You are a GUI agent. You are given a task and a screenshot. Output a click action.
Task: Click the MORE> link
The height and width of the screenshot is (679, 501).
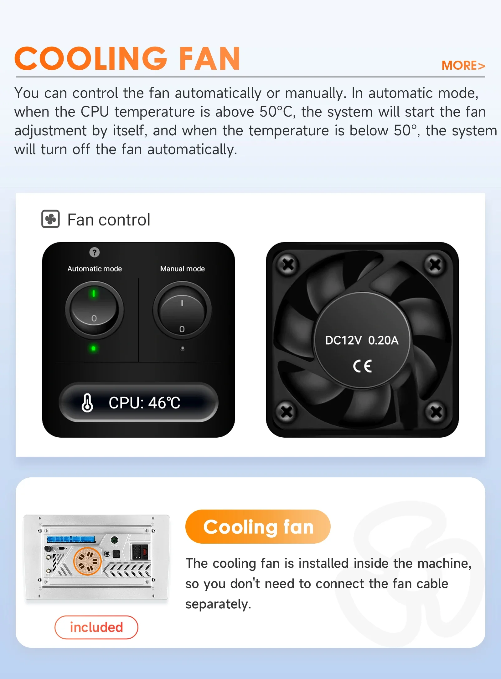[463, 66]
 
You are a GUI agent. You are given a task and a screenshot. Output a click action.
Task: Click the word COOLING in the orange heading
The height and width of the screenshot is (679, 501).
[91, 58]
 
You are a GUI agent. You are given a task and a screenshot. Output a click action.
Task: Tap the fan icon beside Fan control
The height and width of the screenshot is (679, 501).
[50, 219]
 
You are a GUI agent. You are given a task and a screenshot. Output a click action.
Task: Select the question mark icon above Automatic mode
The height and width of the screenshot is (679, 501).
[95, 252]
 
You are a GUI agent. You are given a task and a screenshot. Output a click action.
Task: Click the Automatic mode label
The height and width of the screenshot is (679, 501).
[95, 269]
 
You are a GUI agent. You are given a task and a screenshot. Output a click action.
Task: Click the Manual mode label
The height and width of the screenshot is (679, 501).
[183, 269]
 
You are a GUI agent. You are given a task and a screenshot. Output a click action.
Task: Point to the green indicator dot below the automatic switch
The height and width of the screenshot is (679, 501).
[93, 348]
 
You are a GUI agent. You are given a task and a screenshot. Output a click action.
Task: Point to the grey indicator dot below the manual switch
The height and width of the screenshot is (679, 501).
[183, 348]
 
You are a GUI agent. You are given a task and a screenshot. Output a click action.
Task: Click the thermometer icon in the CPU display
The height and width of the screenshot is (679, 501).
[87, 403]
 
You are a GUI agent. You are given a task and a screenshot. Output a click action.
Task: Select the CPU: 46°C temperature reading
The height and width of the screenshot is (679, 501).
[144, 403]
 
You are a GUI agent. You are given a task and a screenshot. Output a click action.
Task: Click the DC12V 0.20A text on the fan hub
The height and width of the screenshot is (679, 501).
[362, 340]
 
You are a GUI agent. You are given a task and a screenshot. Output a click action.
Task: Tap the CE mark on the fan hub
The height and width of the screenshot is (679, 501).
[363, 366]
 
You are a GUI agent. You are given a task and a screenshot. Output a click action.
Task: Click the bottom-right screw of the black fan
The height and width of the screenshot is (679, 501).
[436, 412]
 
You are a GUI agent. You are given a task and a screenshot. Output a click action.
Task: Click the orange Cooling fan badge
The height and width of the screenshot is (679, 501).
[258, 527]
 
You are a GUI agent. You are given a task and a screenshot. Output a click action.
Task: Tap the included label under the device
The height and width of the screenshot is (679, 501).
[96, 627]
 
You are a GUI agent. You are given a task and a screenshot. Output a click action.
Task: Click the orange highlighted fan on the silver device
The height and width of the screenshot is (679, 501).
[87, 561]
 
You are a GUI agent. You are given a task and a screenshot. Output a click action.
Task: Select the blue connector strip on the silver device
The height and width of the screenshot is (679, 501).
[71, 539]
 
